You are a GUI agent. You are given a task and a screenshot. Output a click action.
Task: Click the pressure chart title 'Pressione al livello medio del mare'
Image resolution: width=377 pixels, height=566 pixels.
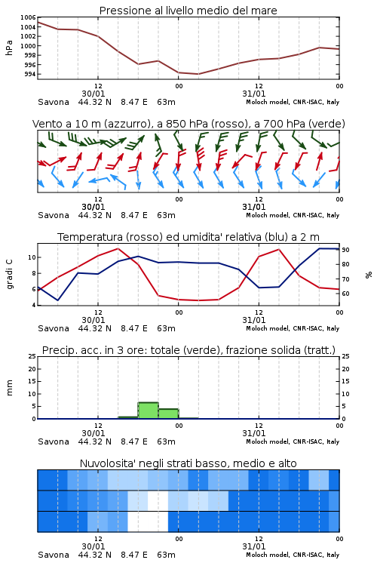coord(188,11)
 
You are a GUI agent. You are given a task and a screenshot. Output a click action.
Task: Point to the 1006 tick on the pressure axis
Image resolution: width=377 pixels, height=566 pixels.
coord(28,17)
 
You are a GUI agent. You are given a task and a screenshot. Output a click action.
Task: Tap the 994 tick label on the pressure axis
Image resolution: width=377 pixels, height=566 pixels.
coord(30,75)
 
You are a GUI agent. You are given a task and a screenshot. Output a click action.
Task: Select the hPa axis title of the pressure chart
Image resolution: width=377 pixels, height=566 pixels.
coord(9,48)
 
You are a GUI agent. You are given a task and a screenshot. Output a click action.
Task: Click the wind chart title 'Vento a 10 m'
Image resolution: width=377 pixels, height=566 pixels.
coord(67,124)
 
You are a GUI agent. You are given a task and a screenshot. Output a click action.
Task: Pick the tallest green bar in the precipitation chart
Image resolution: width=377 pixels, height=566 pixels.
coord(149,411)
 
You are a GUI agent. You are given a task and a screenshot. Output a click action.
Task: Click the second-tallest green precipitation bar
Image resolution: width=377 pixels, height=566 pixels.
coord(168,414)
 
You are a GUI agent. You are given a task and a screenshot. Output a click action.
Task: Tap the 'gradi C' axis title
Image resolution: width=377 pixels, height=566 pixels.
coord(10,274)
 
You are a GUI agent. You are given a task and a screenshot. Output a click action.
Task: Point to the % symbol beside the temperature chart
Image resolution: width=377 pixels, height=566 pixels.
coord(369,275)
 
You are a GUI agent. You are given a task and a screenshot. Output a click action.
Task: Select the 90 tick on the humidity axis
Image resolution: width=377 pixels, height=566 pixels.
coord(345,250)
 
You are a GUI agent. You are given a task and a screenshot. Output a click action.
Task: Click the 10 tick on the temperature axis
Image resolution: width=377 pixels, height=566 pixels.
coord(32,257)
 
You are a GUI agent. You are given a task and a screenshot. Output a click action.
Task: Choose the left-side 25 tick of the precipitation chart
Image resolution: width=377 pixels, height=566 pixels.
coord(32,356)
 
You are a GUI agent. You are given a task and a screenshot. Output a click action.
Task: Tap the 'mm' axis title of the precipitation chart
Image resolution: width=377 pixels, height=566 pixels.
coord(9,388)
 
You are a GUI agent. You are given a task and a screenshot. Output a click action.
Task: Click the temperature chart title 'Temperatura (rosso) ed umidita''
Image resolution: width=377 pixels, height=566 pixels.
coord(148,237)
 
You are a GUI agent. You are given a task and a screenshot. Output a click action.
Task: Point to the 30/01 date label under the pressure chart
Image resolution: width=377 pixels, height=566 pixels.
coord(93,94)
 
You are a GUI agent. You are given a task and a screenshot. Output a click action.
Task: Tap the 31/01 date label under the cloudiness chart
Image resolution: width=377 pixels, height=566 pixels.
coord(254,546)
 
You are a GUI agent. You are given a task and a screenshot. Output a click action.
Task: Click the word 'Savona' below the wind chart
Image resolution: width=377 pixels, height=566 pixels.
coord(54,215)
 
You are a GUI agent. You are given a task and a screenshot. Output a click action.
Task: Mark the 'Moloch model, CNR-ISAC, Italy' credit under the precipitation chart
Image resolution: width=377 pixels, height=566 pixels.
coord(293,441)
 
